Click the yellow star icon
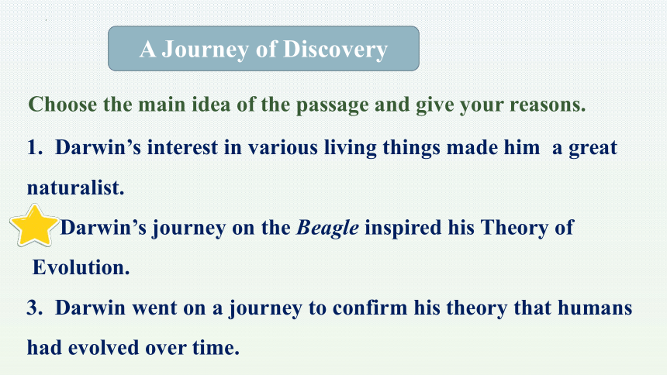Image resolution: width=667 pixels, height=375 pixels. click(34, 225)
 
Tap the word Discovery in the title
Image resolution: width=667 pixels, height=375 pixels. click(335, 50)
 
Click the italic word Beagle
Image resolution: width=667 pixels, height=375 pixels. click(327, 229)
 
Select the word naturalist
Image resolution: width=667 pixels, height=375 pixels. click(76, 187)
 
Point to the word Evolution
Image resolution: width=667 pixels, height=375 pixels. click(81, 267)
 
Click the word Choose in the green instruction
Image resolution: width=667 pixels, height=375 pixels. click(63, 104)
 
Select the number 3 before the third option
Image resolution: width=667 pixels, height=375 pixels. click(34, 308)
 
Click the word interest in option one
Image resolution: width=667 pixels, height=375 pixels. click(182, 147)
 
